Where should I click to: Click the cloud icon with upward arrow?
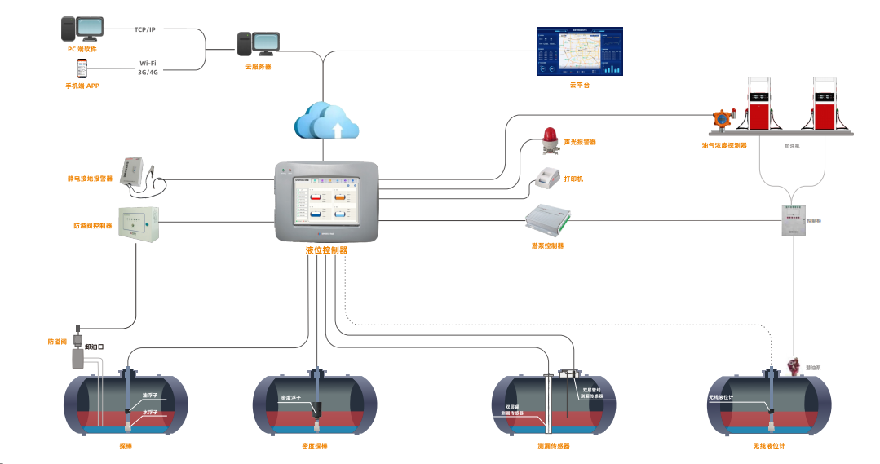pyautogui.click(x=327, y=121)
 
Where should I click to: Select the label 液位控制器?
pyautogui.click(x=326, y=250)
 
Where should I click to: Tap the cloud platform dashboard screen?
pyautogui.click(x=578, y=51)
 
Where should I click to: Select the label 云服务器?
pyautogui.click(x=258, y=67)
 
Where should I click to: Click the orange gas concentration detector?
pyautogui.click(x=722, y=121)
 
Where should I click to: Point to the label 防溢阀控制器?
pyautogui.click(x=92, y=225)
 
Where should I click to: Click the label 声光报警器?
pyautogui.click(x=580, y=142)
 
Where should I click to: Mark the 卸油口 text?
pyautogui.click(x=95, y=347)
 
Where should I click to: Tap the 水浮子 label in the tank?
pyautogui.click(x=149, y=413)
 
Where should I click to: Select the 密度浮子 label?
pyautogui.click(x=293, y=398)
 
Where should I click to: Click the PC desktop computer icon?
pyautogui.click(x=82, y=29)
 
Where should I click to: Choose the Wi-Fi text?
pyautogui.click(x=148, y=63)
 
